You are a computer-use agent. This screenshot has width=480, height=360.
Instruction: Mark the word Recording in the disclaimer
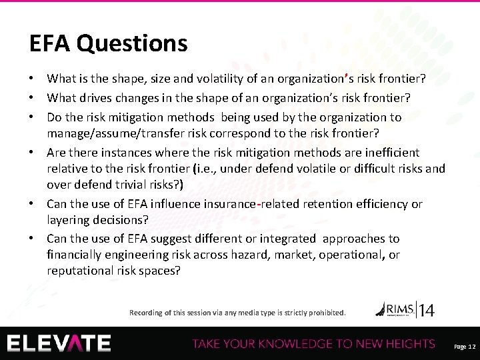pos(150,312)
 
